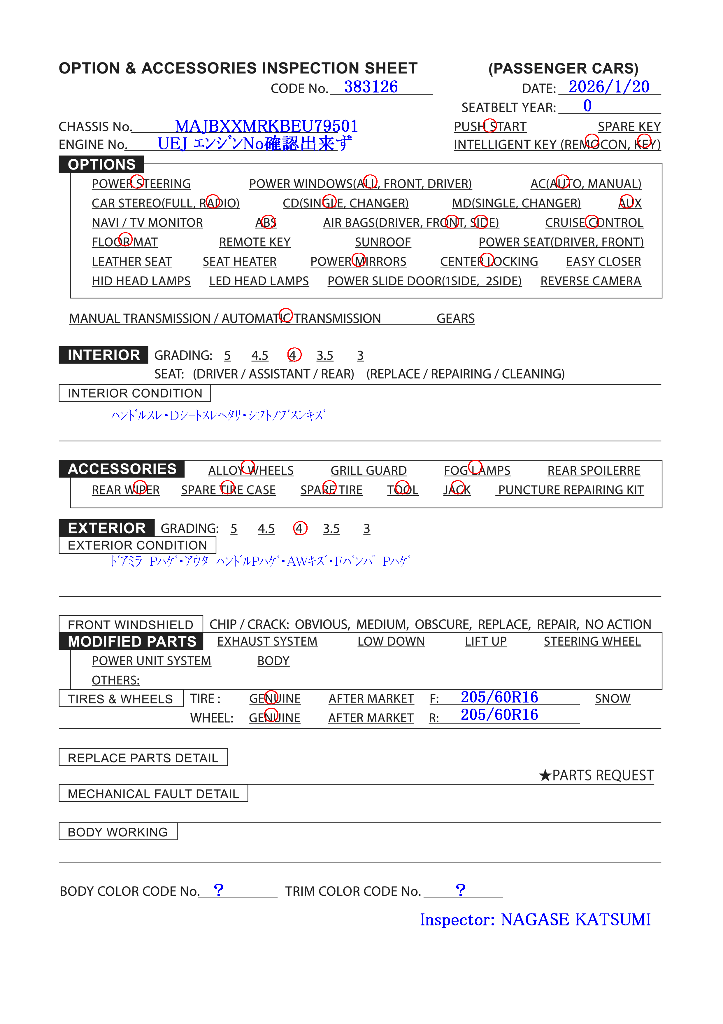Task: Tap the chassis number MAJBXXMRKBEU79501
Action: click(x=266, y=126)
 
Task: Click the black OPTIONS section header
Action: click(x=102, y=165)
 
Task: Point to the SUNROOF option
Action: click(x=382, y=242)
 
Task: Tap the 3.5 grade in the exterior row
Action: click(x=331, y=529)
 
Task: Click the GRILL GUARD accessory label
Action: click(x=368, y=471)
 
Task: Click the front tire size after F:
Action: click(x=499, y=697)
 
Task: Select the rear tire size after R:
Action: click(x=499, y=715)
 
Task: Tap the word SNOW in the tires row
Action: click(x=613, y=698)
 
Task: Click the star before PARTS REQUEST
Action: click(x=545, y=775)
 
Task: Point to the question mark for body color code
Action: click(x=218, y=890)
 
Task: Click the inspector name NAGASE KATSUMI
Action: click(x=575, y=920)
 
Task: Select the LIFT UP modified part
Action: click(x=485, y=641)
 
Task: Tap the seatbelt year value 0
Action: click(x=587, y=106)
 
